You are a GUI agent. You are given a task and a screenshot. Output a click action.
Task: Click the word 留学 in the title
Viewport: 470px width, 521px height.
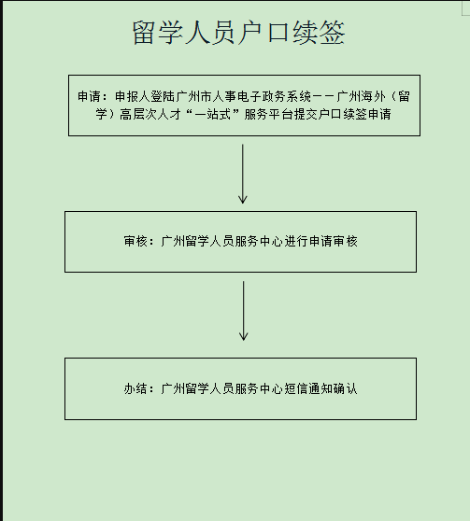pos(158,33)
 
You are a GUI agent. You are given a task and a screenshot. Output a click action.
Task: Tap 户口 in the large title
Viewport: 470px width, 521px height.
pos(264,33)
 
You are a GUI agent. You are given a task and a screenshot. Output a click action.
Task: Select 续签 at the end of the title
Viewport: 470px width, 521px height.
pos(319,33)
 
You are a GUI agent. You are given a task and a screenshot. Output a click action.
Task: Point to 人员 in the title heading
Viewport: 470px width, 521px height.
pos(211,33)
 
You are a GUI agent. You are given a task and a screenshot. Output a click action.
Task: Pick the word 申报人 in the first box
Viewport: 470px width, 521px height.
pos(133,97)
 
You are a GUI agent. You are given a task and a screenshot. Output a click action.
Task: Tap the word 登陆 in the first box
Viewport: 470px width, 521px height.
pos(163,97)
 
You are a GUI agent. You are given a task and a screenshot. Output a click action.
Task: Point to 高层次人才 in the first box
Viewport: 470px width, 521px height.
pos(150,114)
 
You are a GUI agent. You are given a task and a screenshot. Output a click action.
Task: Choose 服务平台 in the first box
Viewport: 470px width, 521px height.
pos(269,114)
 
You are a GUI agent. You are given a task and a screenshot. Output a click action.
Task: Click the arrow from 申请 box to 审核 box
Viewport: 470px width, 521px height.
pos(243,174)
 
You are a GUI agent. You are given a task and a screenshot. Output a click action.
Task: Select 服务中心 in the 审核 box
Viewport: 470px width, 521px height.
pos(259,241)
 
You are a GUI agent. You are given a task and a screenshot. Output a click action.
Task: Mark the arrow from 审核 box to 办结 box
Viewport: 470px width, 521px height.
pos(243,311)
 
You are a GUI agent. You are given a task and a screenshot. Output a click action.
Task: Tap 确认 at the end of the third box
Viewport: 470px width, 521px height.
pos(346,388)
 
